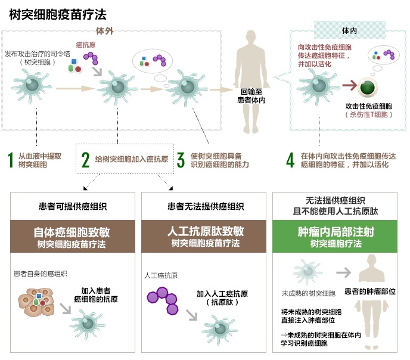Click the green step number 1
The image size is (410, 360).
click(10, 160)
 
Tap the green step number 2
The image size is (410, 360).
click(85, 160)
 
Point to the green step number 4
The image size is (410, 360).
click(290, 160)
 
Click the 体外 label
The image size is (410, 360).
click(105, 30)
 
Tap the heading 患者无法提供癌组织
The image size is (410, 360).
click(206, 207)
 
